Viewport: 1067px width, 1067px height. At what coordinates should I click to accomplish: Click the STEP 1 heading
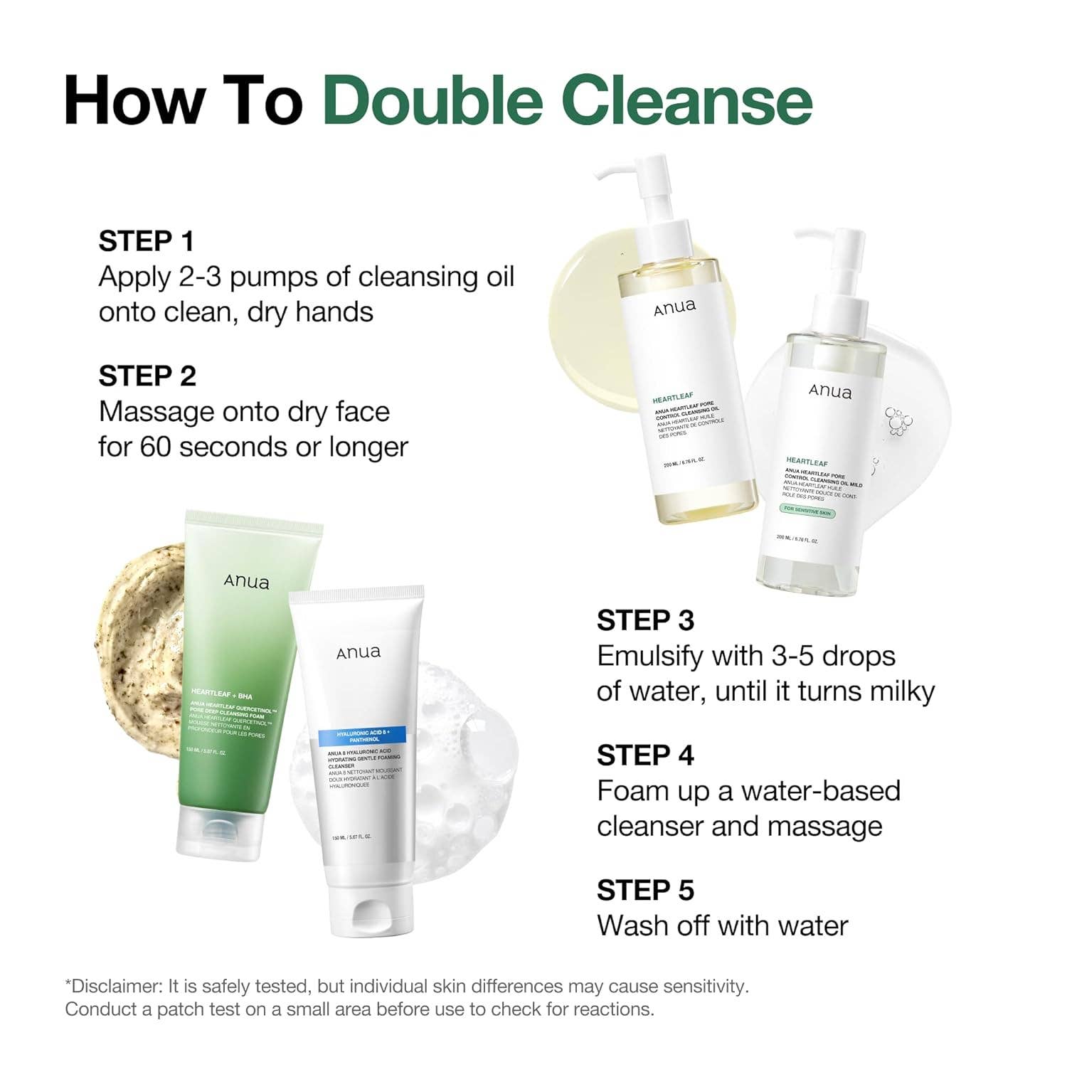[146, 241]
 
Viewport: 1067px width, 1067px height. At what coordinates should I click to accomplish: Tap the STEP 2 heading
[147, 376]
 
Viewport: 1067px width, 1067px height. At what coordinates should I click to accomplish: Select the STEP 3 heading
[645, 620]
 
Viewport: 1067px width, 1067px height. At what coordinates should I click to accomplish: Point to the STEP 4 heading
[645, 755]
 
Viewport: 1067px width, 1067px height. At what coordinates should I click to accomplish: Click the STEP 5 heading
[645, 890]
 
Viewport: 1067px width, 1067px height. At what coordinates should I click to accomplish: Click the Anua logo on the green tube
[247, 582]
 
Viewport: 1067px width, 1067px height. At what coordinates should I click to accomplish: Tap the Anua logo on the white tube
[359, 652]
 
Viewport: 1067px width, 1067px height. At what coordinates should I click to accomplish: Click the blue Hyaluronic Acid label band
[361, 736]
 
